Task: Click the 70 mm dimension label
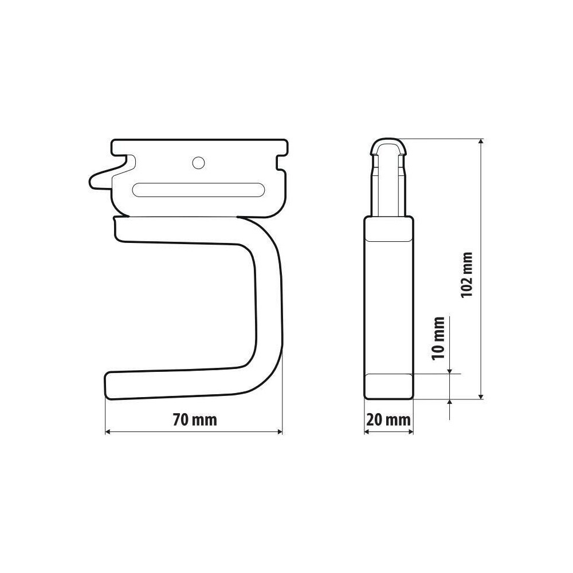[194, 420]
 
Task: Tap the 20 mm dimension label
[388, 420]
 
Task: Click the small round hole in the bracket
[198, 163]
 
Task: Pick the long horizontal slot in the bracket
[198, 190]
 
